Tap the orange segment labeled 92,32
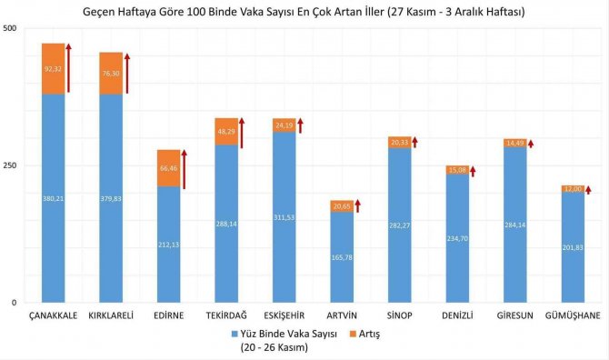[x=54, y=69]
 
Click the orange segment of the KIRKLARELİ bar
[x=111, y=73]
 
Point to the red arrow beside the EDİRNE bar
[x=184, y=169]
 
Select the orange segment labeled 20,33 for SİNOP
[x=399, y=142]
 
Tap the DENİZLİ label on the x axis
[x=456, y=315]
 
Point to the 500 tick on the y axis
[x=10, y=29]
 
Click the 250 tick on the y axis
[x=10, y=165]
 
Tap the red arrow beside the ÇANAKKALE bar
[x=69, y=67]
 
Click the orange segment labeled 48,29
[x=225, y=131]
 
